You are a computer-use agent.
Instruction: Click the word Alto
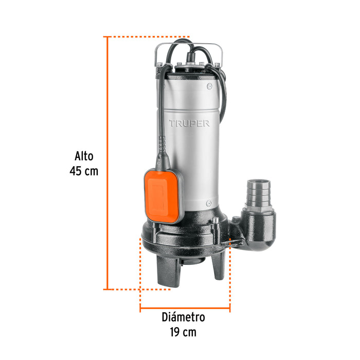tap(84, 156)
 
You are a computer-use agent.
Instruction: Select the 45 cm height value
tap(84, 171)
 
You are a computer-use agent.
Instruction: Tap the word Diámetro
tap(183, 317)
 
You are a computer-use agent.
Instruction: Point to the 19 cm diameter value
tap(183, 332)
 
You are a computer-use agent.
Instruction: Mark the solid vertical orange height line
tap(107, 165)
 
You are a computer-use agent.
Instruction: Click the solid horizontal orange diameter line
tap(185, 309)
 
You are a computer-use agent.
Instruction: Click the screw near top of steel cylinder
tap(209, 86)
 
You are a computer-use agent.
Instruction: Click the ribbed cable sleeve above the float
tap(164, 152)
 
